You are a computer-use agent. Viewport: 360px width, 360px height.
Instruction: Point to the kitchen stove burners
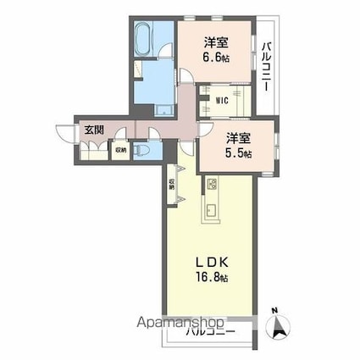tap(212, 186)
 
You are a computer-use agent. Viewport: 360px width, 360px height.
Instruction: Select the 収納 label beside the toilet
tap(121, 150)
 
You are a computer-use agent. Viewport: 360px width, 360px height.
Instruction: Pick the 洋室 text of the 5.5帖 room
tap(235, 137)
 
